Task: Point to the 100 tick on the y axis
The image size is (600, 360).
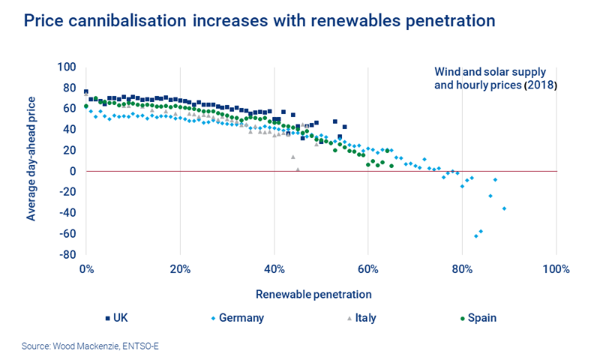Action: tap(67, 67)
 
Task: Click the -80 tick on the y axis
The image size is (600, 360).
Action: tap(67, 254)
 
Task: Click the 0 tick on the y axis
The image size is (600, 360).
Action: tap(73, 171)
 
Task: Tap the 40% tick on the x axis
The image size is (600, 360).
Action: tap(274, 269)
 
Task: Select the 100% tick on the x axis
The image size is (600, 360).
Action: tap(556, 269)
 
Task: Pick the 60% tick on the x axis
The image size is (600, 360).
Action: tap(367, 269)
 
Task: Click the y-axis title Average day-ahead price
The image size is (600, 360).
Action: tap(31, 160)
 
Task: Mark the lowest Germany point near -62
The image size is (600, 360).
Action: tap(475, 236)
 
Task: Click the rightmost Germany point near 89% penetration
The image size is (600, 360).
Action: tap(504, 208)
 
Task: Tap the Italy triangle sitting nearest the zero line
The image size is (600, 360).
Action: tap(298, 169)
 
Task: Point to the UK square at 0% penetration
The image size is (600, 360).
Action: tap(86, 91)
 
